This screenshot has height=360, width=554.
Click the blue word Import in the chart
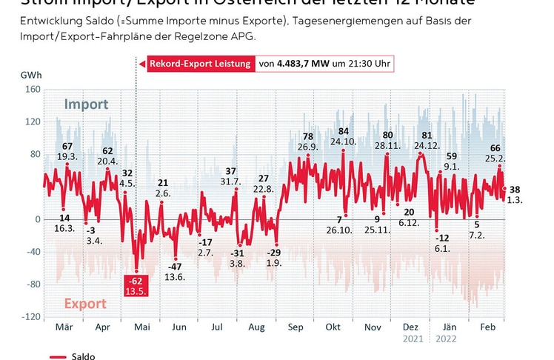point(86,104)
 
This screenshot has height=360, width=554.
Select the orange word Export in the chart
point(85,304)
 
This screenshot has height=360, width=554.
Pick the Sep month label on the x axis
point(296,327)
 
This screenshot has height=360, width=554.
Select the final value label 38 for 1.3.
point(515,190)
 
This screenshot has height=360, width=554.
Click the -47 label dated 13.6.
point(175,267)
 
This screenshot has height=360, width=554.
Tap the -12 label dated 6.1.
point(443,238)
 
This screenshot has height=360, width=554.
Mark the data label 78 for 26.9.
point(308,137)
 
